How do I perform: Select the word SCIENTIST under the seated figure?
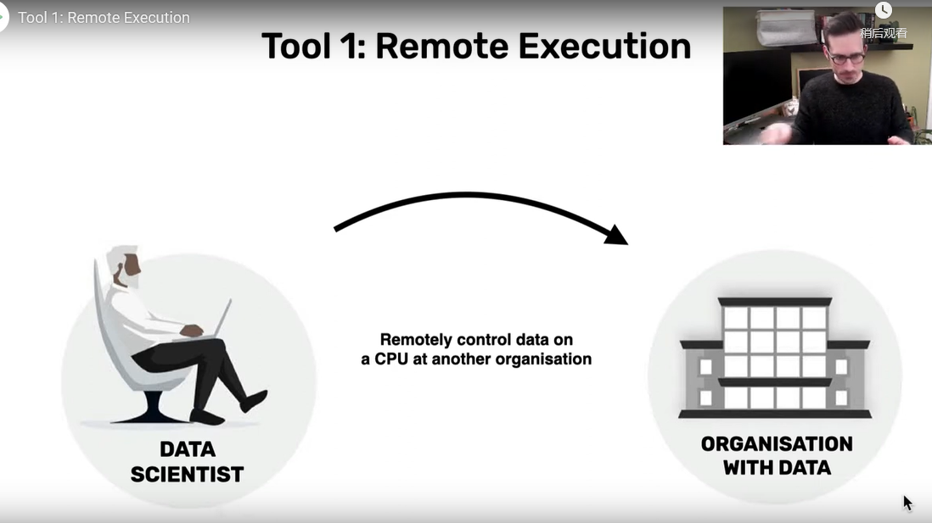[x=187, y=474]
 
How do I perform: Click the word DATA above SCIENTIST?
[x=188, y=449]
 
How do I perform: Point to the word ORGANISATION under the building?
[x=777, y=444]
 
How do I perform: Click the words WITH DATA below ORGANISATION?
[x=777, y=467]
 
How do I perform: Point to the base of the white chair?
[x=152, y=415]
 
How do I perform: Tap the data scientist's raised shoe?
[x=255, y=399]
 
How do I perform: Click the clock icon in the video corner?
[x=884, y=11]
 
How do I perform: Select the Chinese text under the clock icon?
[x=884, y=33]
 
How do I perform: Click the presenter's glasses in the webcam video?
[x=845, y=58]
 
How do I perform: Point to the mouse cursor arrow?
[x=907, y=502]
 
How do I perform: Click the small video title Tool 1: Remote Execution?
[x=104, y=18]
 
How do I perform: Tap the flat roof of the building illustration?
[x=774, y=302]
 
